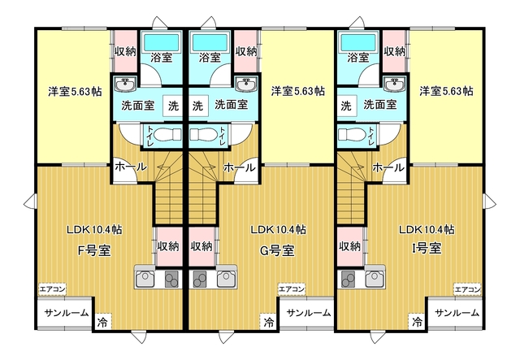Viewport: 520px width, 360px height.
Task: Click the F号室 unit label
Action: (x=94, y=250)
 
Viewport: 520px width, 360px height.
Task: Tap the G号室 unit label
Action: (x=277, y=250)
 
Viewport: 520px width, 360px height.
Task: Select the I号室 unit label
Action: (x=426, y=248)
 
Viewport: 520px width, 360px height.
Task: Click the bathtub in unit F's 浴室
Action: (x=161, y=41)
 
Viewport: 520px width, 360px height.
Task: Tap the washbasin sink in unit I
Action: (x=394, y=85)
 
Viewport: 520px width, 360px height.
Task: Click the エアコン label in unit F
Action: (x=52, y=289)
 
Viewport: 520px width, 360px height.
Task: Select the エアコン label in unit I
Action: (x=467, y=289)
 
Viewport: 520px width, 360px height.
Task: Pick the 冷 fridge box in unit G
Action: (x=269, y=322)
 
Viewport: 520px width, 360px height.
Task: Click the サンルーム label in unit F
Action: (x=67, y=313)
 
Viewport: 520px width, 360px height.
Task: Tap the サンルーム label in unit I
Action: (x=457, y=313)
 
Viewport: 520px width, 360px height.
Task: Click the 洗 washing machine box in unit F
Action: (x=173, y=106)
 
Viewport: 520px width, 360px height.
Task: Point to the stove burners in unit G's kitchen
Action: (x=199, y=279)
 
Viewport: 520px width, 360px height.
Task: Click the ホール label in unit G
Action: (x=240, y=167)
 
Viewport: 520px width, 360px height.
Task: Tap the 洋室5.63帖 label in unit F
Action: (x=75, y=91)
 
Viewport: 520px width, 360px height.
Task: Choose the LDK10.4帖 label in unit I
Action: (x=426, y=229)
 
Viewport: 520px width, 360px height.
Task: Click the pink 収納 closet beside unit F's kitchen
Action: (x=169, y=246)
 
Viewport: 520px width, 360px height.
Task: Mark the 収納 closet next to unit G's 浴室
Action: (x=246, y=51)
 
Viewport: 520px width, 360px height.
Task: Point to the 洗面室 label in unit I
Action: (x=380, y=105)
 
